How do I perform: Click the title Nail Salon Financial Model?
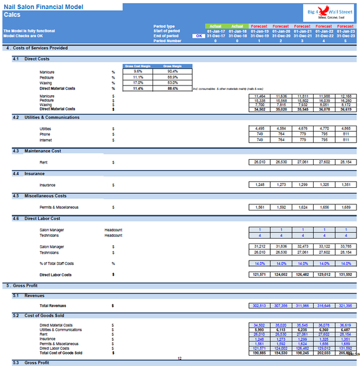pos(40,5)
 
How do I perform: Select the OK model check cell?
pos(198,36)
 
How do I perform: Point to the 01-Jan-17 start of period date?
pos(217,31)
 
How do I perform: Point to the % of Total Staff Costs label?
pos(57,264)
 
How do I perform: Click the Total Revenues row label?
pos(53,305)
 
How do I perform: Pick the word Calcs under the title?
pos(12,14)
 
